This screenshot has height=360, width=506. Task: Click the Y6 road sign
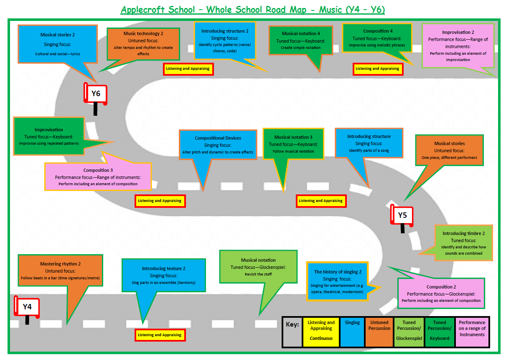(x=96, y=94)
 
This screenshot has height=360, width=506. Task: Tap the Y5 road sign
(x=402, y=215)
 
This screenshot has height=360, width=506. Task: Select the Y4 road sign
(x=27, y=306)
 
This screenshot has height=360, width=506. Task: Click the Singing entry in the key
(x=352, y=323)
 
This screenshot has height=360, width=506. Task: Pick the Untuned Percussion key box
(x=379, y=325)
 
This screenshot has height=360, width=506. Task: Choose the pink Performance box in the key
(x=472, y=328)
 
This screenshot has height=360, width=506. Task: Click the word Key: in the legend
(x=292, y=324)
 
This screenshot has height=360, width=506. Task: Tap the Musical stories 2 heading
(x=58, y=35)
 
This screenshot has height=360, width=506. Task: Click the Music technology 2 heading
(x=143, y=33)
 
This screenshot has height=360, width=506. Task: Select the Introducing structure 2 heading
(x=225, y=31)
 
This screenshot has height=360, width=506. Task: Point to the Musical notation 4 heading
(x=301, y=33)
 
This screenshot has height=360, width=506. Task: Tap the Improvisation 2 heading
(x=458, y=32)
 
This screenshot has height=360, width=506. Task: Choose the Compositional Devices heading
(x=218, y=138)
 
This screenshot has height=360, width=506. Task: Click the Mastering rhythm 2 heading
(x=60, y=264)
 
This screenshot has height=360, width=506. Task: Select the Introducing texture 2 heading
(x=163, y=268)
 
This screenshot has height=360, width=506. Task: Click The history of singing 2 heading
(x=338, y=272)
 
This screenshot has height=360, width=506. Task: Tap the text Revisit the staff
(x=258, y=274)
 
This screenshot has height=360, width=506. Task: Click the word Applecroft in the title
(x=142, y=10)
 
